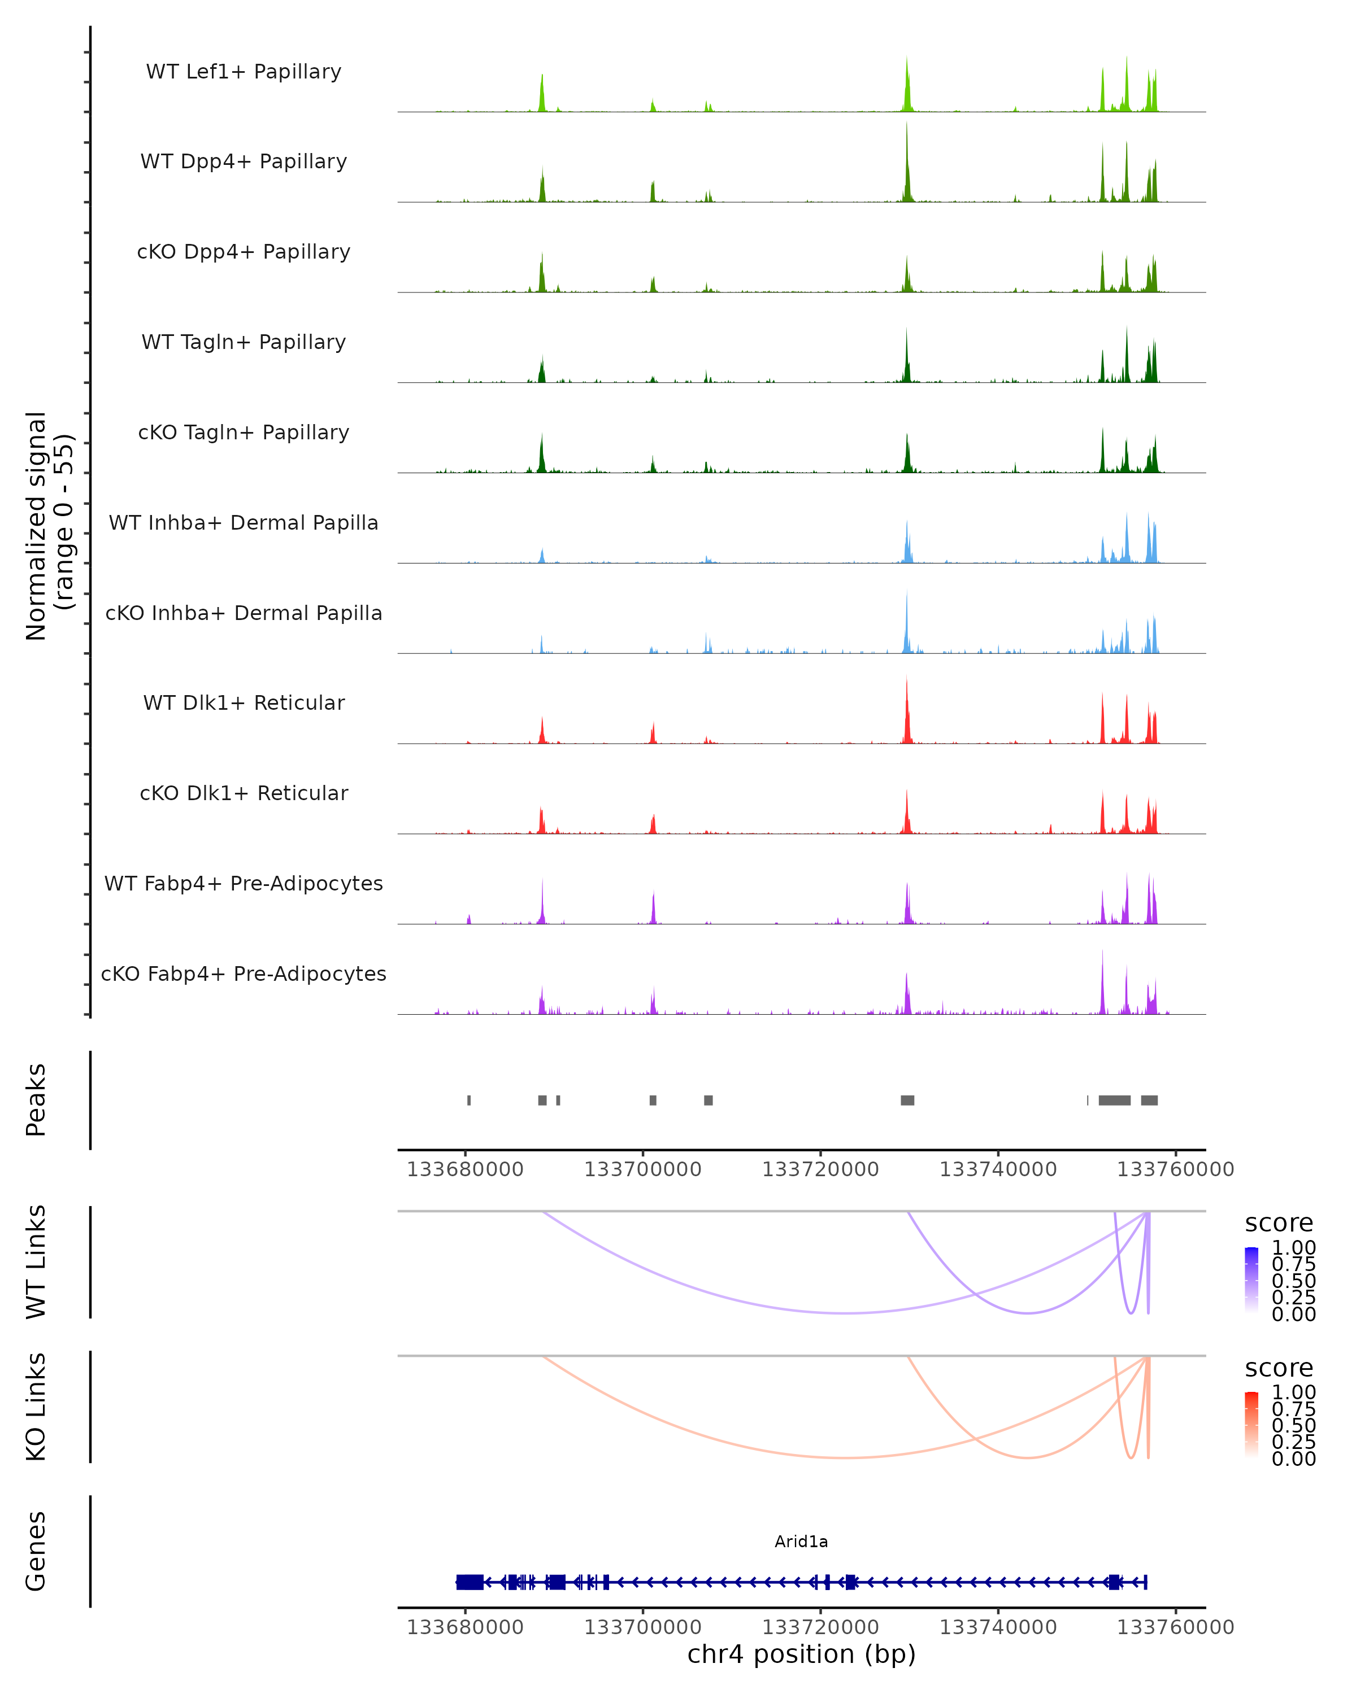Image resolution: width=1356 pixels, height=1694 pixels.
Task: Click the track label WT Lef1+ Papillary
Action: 244,72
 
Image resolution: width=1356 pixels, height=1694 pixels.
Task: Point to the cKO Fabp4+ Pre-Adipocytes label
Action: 244,973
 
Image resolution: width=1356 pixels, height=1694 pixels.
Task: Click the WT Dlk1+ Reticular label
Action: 244,702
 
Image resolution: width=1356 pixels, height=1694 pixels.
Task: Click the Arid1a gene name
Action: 801,1542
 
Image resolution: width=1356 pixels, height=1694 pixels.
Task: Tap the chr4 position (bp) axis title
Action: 801,1654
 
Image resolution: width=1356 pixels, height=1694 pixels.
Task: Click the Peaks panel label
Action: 36,1100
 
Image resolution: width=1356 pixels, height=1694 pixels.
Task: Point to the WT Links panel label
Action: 36,1262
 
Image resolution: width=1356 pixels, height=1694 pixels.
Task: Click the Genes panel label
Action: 36,1551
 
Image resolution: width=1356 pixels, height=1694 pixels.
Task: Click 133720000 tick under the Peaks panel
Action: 820,1169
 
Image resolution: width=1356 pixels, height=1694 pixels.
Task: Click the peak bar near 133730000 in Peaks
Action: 907,1100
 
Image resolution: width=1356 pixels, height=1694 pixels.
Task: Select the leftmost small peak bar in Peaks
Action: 470,1100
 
